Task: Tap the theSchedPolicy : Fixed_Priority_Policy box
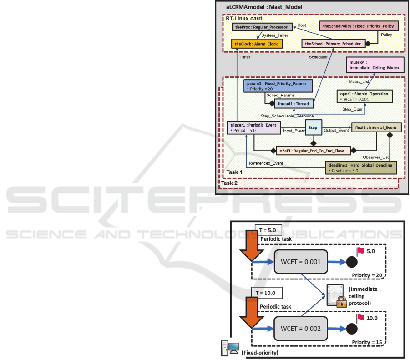point(358,26)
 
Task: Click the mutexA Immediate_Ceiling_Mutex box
point(375,66)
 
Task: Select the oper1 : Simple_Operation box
point(363,96)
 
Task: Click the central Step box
point(313,127)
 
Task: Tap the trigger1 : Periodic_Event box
point(253,127)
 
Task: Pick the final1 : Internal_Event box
point(376,128)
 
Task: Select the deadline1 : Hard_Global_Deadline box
point(360,168)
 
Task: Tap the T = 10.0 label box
point(266,292)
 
